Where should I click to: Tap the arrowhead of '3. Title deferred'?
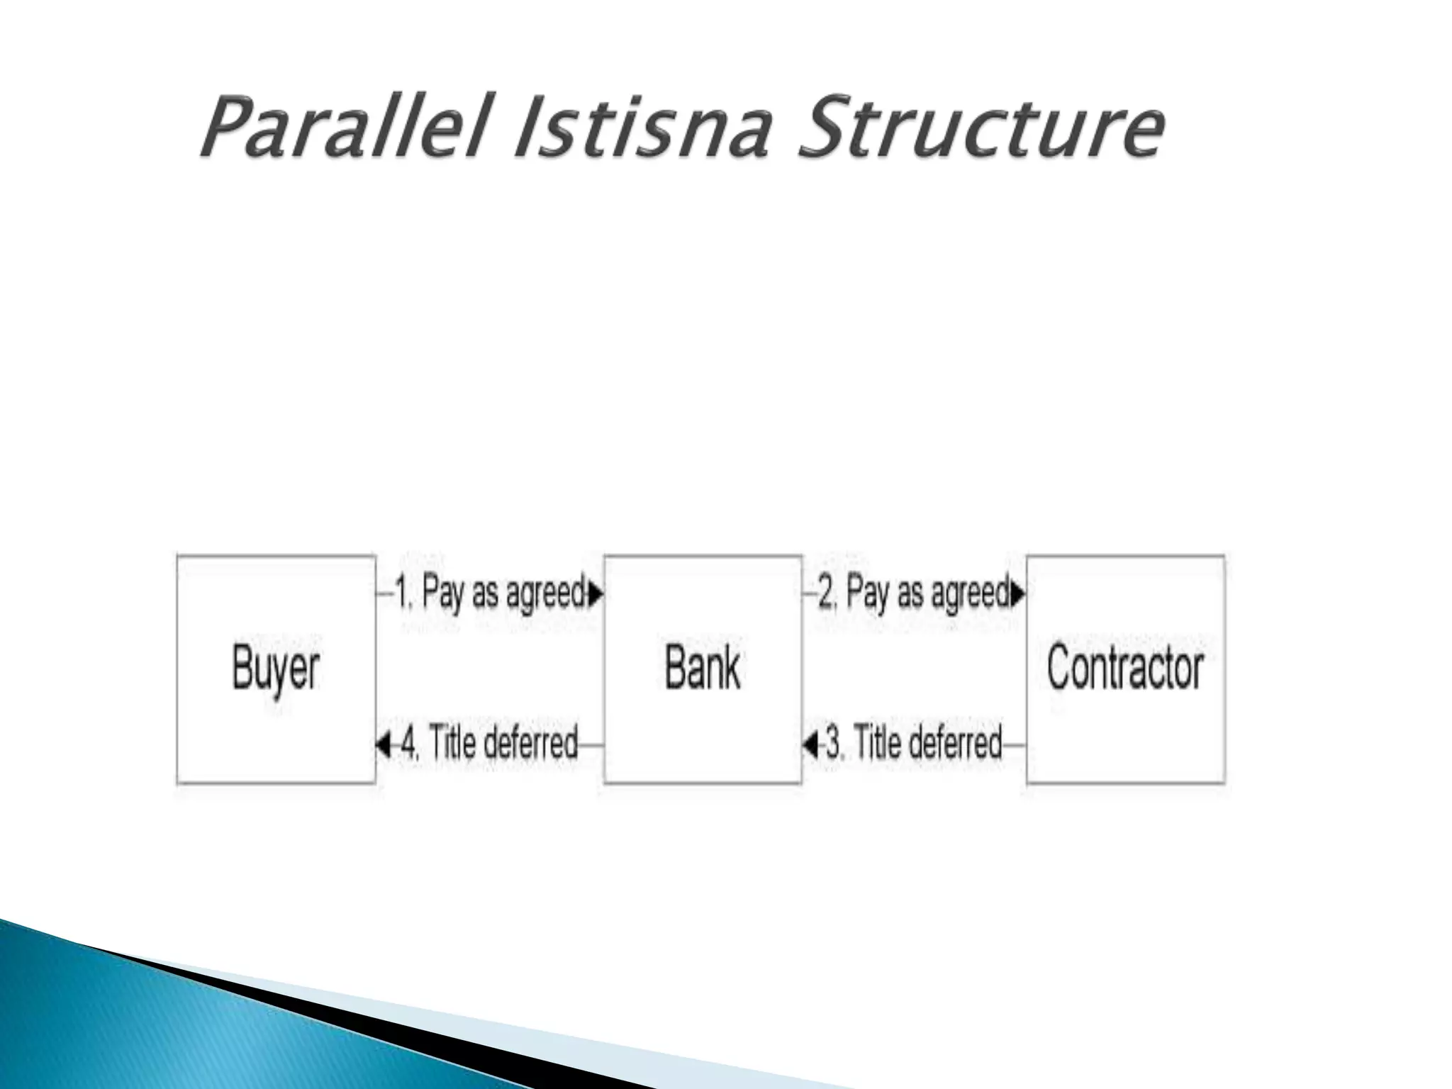[810, 745]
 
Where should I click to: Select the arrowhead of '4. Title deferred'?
[383, 745]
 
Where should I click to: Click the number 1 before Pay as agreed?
[402, 593]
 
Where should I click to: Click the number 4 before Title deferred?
[409, 744]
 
